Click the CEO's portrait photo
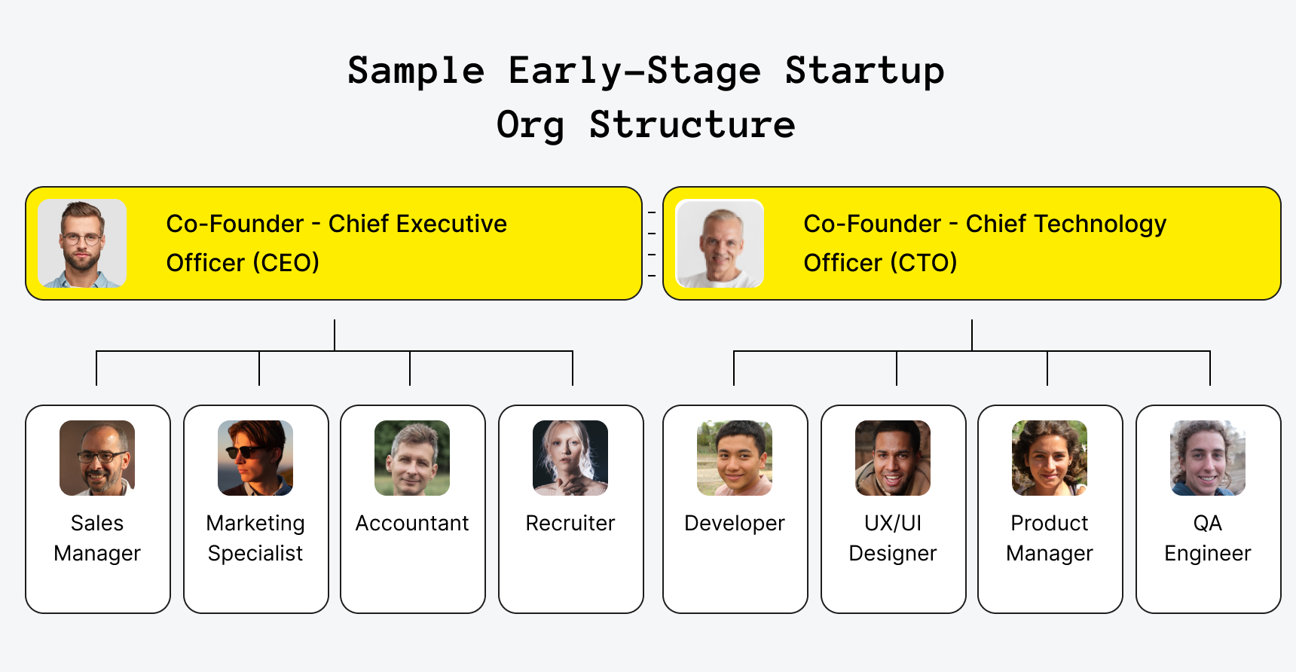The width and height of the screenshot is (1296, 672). coord(82,243)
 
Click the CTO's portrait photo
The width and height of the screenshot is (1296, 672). coord(720,243)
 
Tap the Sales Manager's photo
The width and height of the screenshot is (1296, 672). coord(97,458)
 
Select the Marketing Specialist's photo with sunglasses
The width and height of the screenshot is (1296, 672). coord(255,458)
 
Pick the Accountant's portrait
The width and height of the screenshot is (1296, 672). coord(412,458)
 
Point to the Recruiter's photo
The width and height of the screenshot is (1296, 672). coord(570,458)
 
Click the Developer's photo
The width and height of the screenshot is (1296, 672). coord(735,458)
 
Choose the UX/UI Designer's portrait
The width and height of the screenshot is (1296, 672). coord(893,458)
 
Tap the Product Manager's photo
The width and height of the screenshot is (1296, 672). coord(1050,458)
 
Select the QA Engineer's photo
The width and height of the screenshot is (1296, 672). coord(1208,458)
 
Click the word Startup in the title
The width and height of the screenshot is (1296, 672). coord(864,72)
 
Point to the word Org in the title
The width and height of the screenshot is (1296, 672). coord(530,125)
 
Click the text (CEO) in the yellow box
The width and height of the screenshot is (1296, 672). coord(286,263)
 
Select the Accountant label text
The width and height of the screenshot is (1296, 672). coord(412,523)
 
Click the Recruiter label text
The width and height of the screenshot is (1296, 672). coord(570,523)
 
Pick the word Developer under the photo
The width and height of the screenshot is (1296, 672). coord(735,523)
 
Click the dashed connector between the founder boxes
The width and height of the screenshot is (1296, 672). coord(653,244)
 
